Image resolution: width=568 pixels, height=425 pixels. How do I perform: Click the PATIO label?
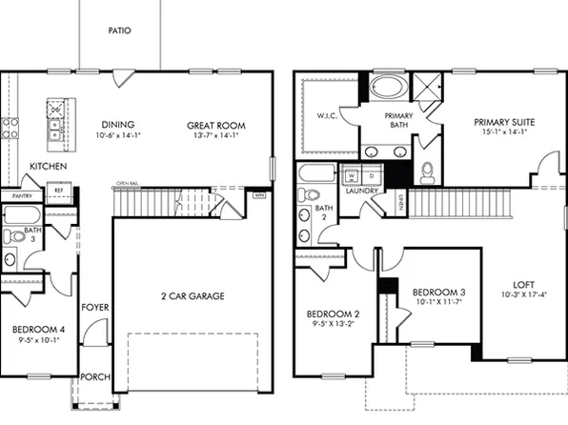pyautogui.click(x=120, y=30)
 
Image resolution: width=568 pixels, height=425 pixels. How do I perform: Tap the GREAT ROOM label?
pyautogui.click(x=215, y=124)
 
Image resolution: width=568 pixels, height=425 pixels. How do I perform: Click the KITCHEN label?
pyautogui.click(x=47, y=166)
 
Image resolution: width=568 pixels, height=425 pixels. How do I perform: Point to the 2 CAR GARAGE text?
pyautogui.click(x=193, y=296)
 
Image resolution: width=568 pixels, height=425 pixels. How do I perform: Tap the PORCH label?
pyautogui.click(x=94, y=376)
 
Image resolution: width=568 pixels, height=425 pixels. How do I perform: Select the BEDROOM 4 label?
pyautogui.click(x=37, y=330)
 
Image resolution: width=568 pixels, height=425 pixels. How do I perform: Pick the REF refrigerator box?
pyautogui.click(x=58, y=191)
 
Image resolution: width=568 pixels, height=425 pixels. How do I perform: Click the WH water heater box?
pyautogui.click(x=259, y=195)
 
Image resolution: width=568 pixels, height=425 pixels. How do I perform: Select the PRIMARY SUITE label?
pyautogui.click(x=504, y=122)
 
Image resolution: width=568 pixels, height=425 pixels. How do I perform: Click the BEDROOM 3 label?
pyautogui.click(x=438, y=292)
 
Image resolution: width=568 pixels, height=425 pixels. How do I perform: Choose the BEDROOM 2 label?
pyautogui.click(x=332, y=314)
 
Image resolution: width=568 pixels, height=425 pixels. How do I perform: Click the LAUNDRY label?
pyautogui.click(x=362, y=191)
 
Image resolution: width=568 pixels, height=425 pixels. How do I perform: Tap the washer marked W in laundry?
pyautogui.click(x=352, y=176)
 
